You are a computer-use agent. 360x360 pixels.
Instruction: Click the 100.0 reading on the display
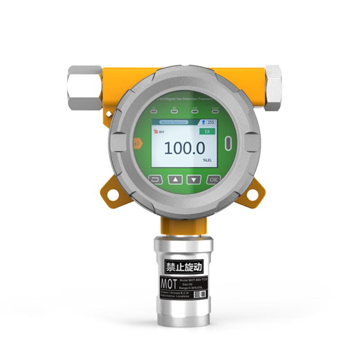coord(184,148)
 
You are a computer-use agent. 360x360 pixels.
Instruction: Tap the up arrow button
coord(175,180)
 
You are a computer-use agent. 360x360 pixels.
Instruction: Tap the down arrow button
coord(194,180)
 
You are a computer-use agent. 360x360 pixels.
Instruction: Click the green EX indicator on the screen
coord(207,131)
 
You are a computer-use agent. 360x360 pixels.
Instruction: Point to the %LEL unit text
coord(207,160)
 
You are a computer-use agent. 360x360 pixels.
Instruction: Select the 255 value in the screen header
coord(210,122)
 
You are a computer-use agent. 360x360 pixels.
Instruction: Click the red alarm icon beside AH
coord(156,131)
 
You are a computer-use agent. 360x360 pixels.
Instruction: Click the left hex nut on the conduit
coord(85,87)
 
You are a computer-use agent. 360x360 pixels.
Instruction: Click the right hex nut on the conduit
coord(273,87)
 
